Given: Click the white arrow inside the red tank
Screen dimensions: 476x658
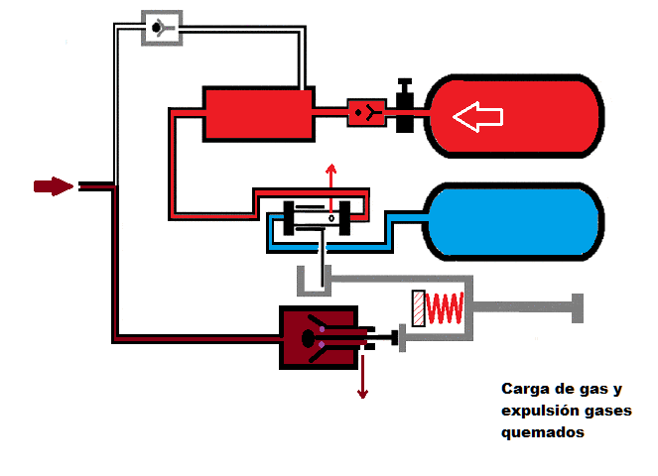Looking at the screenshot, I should point(477,117).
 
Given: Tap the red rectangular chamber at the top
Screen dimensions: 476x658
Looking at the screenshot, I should point(257,113).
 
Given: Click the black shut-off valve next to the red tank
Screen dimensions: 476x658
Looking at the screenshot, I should point(405,108).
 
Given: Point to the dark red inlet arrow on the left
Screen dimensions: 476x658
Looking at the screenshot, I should point(53,185).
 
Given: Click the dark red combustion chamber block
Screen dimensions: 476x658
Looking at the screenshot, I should point(318,337).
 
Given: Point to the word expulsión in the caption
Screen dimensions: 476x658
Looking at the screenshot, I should point(536,411).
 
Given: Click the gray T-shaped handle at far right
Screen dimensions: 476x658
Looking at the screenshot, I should point(576,307).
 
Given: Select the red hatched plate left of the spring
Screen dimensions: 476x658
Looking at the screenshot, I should point(418,307).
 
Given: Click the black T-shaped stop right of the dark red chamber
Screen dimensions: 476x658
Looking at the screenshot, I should point(393,338).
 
